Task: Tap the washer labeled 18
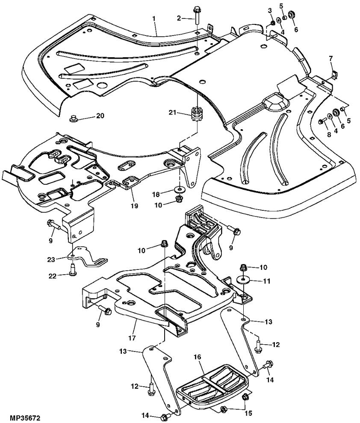pos(177,188)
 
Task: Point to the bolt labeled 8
pos(322,122)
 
